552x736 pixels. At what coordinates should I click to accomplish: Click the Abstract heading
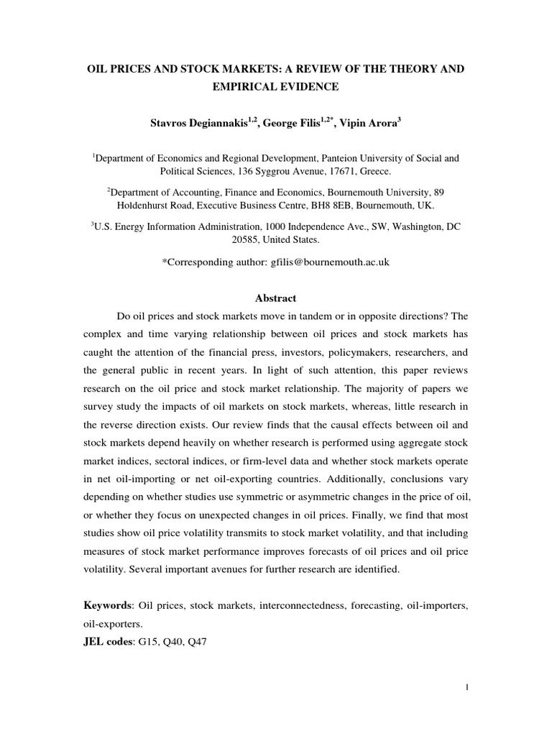pyautogui.click(x=276, y=298)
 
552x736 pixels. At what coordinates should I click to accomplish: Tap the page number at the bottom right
pyautogui.click(x=466, y=708)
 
